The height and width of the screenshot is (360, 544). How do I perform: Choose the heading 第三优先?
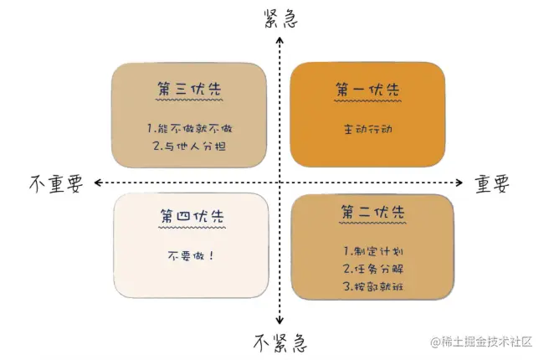(190, 89)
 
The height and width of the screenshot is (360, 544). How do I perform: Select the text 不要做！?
(190, 256)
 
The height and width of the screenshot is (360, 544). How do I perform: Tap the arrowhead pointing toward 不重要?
(99, 182)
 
